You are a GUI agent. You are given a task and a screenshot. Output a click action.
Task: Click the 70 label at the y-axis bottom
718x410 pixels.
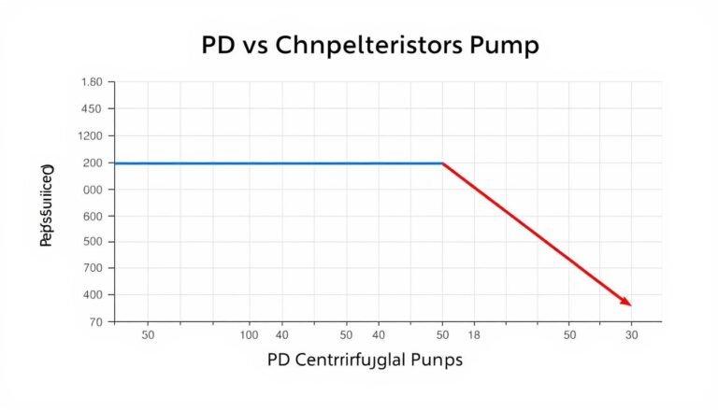click(94, 322)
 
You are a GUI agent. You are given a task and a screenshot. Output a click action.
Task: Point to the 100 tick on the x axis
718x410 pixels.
click(249, 333)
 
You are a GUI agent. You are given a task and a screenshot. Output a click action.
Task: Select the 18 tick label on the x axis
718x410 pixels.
click(473, 333)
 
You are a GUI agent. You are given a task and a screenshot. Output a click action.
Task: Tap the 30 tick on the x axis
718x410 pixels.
click(631, 333)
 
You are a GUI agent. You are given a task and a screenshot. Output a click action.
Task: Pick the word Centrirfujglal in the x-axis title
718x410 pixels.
click(358, 360)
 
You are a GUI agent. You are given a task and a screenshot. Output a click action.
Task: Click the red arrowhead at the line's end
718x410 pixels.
click(626, 302)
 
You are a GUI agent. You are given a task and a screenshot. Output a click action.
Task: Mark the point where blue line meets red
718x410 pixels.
click(442, 163)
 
